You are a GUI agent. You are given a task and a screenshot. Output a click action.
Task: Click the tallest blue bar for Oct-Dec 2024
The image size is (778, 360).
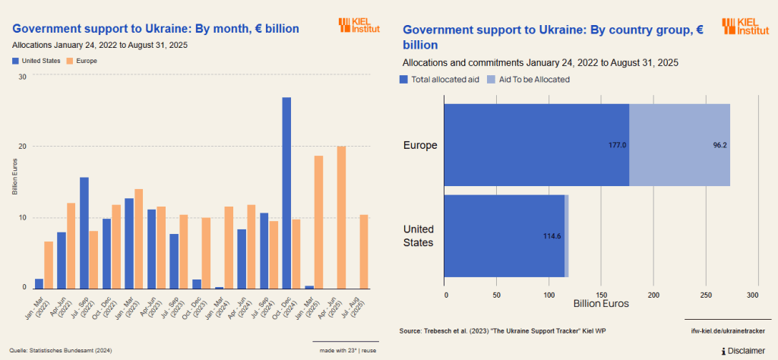click(x=286, y=193)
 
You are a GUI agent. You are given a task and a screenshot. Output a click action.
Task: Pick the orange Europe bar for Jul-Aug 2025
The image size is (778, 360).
click(x=363, y=251)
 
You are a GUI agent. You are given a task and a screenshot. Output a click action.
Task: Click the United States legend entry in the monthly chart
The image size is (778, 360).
click(x=36, y=60)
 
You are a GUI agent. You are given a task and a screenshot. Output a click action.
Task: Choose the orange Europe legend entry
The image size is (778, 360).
click(x=82, y=60)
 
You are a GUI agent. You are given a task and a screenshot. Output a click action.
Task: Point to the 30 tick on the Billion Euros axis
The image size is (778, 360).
click(x=22, y=76)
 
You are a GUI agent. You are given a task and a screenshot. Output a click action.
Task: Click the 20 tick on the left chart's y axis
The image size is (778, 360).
click(x=22, y=147)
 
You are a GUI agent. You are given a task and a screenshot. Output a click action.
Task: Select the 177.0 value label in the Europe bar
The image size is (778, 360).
click(x=617, y=145)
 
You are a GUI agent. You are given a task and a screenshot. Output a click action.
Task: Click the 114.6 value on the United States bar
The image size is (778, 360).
click(x=552, y=236)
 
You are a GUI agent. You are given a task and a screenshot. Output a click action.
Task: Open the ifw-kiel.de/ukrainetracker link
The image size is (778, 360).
click(x=726, y=331)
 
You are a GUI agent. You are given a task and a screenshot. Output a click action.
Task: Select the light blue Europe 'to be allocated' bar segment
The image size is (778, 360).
click(x=679, y=145)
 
